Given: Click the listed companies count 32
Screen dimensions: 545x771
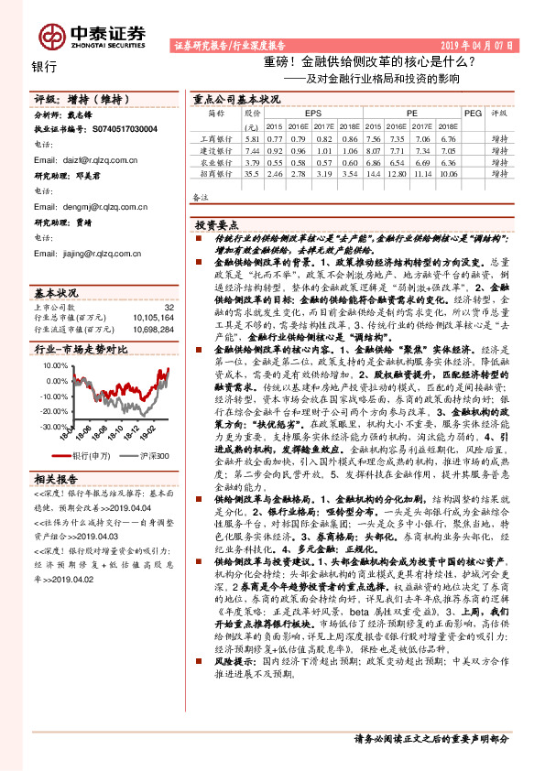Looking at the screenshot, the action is pos(168,308).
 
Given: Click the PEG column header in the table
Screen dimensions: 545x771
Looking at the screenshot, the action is pos(473,114).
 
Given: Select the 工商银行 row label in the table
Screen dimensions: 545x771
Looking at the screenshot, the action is pos(216,137).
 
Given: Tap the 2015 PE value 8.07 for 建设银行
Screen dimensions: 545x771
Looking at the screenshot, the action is pos(371,149).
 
